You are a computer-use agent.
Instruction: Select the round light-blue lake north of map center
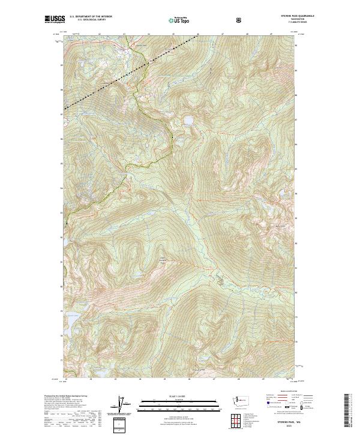188,120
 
